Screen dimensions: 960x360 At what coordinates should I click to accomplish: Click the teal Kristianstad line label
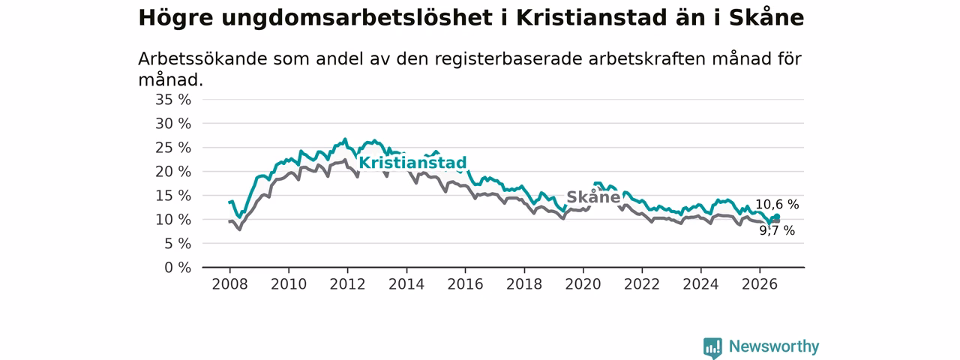(412, 163)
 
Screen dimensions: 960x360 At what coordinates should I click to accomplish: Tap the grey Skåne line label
(593, 197)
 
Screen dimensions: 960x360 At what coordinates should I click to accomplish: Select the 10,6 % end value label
(777, 205)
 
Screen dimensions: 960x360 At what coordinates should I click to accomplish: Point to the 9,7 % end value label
(777, 230)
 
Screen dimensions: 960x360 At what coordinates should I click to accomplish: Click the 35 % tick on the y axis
(173, 100)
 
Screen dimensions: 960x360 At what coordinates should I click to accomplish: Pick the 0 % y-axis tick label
(178, 268)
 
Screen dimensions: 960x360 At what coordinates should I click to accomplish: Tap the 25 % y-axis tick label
(173, 148)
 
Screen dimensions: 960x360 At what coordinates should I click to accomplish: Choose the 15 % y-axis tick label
(173, 196)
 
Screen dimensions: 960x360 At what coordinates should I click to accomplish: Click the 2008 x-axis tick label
(229, 284)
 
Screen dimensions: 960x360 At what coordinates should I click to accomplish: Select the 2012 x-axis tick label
(347, 284)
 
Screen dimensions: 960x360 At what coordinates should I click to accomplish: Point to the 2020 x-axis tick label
(583, 284)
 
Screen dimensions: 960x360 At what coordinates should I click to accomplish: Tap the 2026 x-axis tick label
(760, 284)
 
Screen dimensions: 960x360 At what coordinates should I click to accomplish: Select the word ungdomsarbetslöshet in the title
(356, 19)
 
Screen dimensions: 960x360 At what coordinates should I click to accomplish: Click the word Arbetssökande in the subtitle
(202, 59)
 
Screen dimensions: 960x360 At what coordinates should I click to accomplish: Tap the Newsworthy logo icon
(712, 347)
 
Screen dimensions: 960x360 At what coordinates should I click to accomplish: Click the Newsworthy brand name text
(774, 346)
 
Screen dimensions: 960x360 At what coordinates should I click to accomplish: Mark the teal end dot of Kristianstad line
(776, 217)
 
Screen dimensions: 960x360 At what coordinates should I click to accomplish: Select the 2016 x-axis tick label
(465, 284)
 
